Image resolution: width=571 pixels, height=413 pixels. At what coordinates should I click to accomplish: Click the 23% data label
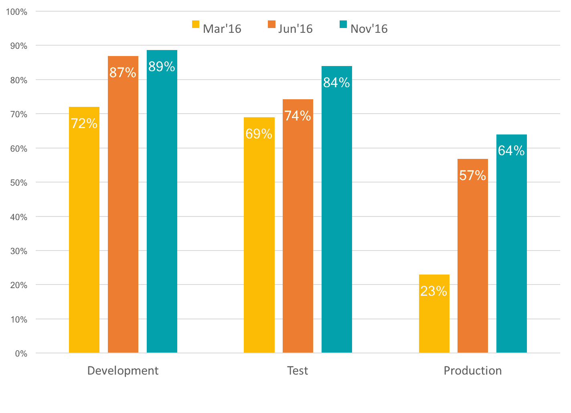pyautogui.click(x=434, y=291)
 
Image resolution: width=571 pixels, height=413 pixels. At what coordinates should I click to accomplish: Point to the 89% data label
pyautogui.click(x=162, y=66)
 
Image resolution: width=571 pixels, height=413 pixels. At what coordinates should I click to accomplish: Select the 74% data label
pyautogui.click(x=298, y=116)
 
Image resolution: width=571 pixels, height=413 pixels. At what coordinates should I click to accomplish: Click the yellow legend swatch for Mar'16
pyautogui.click(x=196, y=24)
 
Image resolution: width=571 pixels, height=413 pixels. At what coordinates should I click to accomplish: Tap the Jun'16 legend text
pyautogui.click(x=296, y=29)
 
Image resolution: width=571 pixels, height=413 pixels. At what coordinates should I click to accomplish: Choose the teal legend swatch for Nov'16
pyautogui.click(x=343, y=24)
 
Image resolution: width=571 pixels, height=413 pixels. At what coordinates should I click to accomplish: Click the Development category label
pyautogui.click(x=123, y=371)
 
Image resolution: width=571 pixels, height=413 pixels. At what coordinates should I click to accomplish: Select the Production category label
pyautogui.click(x=472, y=371)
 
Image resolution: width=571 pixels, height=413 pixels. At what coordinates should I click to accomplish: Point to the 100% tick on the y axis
pyautogui.click(x=17, y=12)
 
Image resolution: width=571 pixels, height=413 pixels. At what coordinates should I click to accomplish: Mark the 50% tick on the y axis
pyautogui.click(x=19, y=183)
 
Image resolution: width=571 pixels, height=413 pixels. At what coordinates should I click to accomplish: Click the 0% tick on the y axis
pyautogui.click(x=21, y=354)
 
